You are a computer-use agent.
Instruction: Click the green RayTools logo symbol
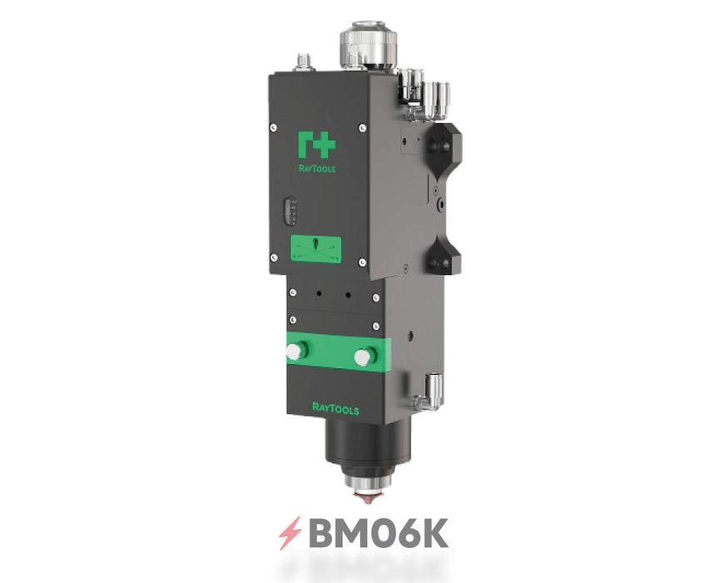click(317, 144)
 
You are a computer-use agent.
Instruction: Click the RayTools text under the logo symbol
click(317, 165)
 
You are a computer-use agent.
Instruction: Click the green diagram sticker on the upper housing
click(315, 247)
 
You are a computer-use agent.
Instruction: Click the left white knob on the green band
click(293, 352)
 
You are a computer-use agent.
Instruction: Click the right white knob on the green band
click(362, 356)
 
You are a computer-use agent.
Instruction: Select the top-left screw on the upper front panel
click(274, 127)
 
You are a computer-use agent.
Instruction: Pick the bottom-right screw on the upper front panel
click(361, 262)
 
